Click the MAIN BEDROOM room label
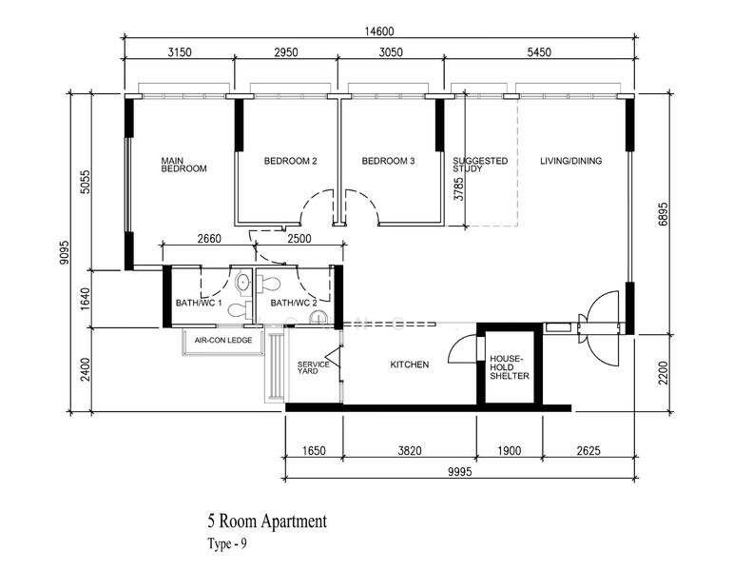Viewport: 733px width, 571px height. (x=183, y=165)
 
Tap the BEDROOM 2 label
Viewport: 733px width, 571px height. (x=290, y=161)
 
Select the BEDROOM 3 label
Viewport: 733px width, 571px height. (x=388, y=161)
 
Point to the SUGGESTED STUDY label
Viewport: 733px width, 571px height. (x=480, y=165)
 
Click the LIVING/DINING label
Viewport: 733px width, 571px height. (x=570, y=161)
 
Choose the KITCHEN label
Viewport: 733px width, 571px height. (x=410, y=364)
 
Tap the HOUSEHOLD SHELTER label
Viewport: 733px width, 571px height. (x=509, y=367)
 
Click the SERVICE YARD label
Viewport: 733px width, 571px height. (x=313, y=367)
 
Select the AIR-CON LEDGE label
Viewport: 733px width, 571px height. (x=223, y=341)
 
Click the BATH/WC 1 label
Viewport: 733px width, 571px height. (x=196, y=303)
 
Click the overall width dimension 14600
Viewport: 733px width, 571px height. (x=379, y=31)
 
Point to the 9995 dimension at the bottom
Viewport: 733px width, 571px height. (x=460, y=471)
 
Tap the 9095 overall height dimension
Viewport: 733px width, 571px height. (x=64, y=253)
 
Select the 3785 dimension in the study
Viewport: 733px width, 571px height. (x=459, y=189)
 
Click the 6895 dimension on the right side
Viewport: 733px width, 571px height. (x=664, y=214)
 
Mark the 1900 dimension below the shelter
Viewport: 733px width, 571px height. (x=509, y=451)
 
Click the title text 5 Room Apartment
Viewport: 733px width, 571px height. (x=267, y=521)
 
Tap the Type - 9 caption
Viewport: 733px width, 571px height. (x=226, y=543)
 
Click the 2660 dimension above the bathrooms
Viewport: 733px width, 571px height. (x=209, y=239)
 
